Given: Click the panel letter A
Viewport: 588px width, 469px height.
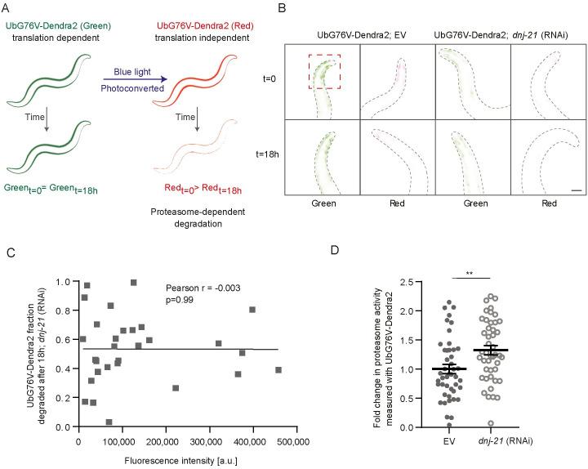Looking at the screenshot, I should [8, 8].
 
